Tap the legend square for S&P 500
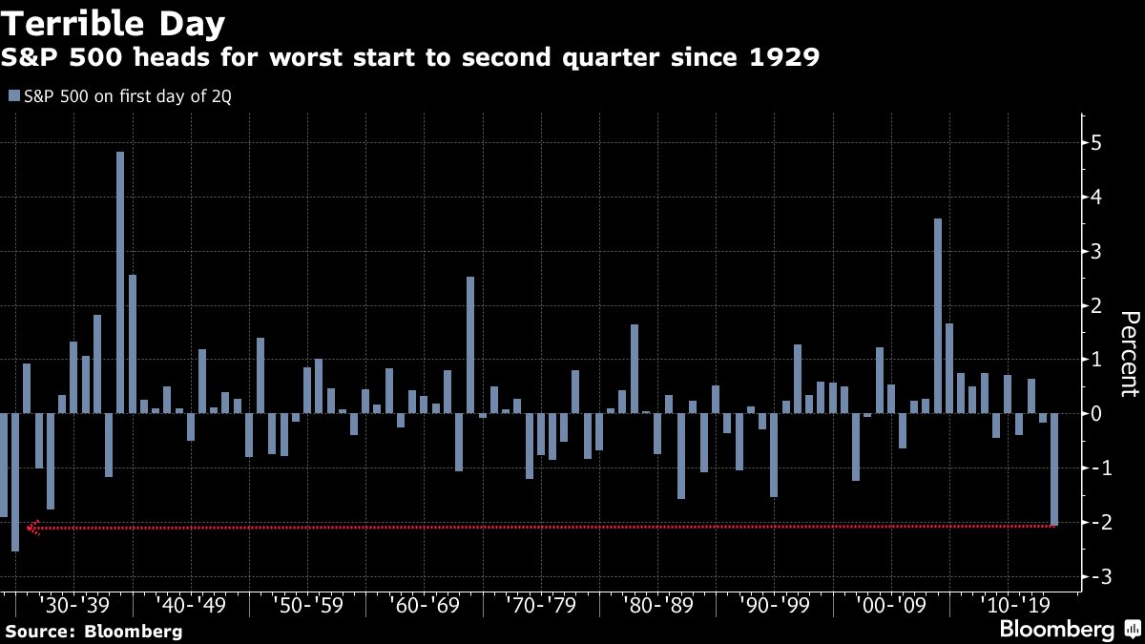(x=12, y=95)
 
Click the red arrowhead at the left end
(x=33, y=527)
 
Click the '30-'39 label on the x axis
(x=73, y=605)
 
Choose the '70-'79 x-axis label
(x=541, y=605)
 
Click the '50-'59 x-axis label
(x=307, y=605)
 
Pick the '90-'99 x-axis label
(x=775, y=605)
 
